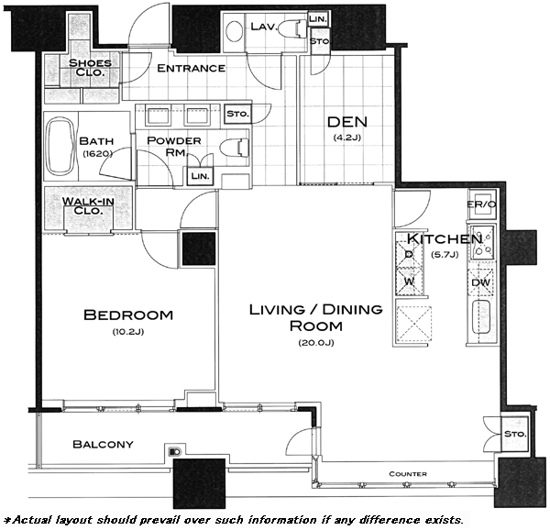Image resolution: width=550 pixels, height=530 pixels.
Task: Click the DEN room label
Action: pos(346,122)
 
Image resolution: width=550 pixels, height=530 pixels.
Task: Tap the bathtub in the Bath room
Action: pos(60,147)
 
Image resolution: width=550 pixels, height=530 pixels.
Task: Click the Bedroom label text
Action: pos(128,315)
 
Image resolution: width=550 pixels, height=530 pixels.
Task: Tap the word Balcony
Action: pos(103,445)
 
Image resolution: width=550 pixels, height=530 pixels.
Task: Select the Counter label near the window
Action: pos(408,474)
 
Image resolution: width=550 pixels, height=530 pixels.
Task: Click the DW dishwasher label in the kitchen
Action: pos(480,282)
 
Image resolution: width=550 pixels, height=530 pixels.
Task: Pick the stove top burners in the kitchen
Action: pos(482,242)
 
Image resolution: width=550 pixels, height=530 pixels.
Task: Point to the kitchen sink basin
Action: pos(481,316)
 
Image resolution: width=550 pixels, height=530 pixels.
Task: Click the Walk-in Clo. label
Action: pos(88,206)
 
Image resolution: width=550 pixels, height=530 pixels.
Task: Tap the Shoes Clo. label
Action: pos(90,68)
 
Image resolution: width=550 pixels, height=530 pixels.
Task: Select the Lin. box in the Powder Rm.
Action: pos(200,176)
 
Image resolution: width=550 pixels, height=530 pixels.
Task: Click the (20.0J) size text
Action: pos(316,343)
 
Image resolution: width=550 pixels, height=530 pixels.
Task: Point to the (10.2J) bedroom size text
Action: pos(128,331)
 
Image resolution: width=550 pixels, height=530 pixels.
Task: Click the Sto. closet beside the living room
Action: pos(515,434)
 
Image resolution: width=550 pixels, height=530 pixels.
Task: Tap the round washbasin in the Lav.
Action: pos(234,31)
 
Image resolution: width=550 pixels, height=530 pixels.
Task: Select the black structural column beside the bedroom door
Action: pos(199,248)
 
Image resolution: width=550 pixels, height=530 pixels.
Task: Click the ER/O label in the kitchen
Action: pos(481,204)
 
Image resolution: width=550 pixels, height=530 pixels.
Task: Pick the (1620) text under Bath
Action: pos(97,153)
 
